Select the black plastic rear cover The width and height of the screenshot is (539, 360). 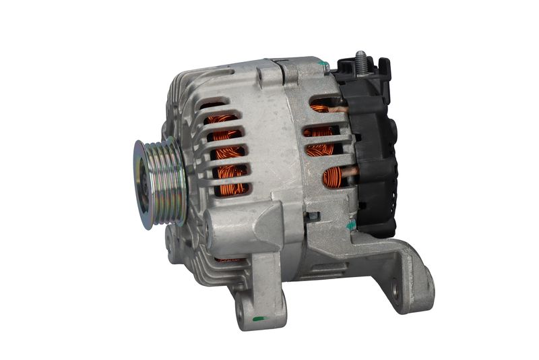coord(371,148)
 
